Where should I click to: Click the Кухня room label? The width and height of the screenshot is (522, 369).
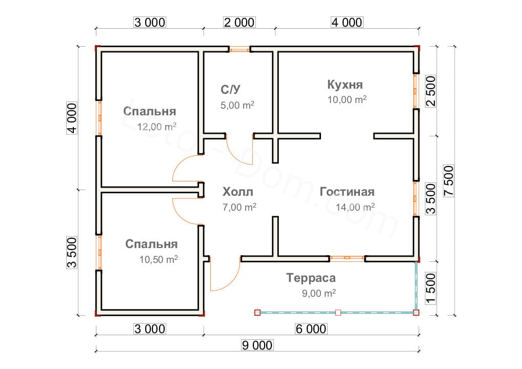tap(347, 84)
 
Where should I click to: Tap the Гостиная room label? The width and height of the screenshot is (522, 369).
tap(347, 192)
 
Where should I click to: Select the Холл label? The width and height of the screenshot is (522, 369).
tap(238, 192)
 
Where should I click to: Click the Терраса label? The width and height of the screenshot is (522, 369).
tap(311, 278)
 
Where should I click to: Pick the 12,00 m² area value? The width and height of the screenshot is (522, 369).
tap(157, 127)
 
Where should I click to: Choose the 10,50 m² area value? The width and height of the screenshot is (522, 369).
tap(158, 259)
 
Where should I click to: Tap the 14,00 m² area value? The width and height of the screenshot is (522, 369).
tap(355, 207)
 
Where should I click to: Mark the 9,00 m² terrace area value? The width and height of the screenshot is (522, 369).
tap(319, 293)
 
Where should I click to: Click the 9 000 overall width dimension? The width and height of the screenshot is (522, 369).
tap(256, 345)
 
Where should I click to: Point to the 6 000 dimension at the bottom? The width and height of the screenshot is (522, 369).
tap(311, 329)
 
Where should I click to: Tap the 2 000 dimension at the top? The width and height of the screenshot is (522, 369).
tap(238, 22)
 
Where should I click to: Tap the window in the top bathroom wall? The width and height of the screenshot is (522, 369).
tap(239, 50)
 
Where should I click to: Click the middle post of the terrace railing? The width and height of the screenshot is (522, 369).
tap(338, 312)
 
